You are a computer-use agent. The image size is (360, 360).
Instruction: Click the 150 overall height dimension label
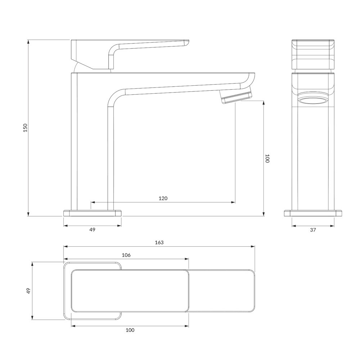[x=25, y=128]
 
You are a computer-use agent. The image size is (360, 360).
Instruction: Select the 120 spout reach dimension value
[x=163, y=198]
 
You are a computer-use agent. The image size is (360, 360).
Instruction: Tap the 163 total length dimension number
[x=159, y=242]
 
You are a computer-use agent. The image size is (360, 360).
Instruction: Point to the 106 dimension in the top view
[x=126, y=255]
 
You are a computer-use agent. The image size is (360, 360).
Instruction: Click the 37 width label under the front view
[x=313, y=230]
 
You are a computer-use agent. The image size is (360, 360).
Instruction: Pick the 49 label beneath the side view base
[x=92, y=230]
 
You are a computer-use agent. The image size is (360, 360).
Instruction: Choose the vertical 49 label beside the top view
[x=28, y=291]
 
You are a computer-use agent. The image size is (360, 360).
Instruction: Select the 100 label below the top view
[x=130, y=330]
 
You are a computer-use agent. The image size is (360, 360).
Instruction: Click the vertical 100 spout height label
[x=267, y=158]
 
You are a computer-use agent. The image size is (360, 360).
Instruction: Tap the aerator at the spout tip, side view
[x=236, y=97]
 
